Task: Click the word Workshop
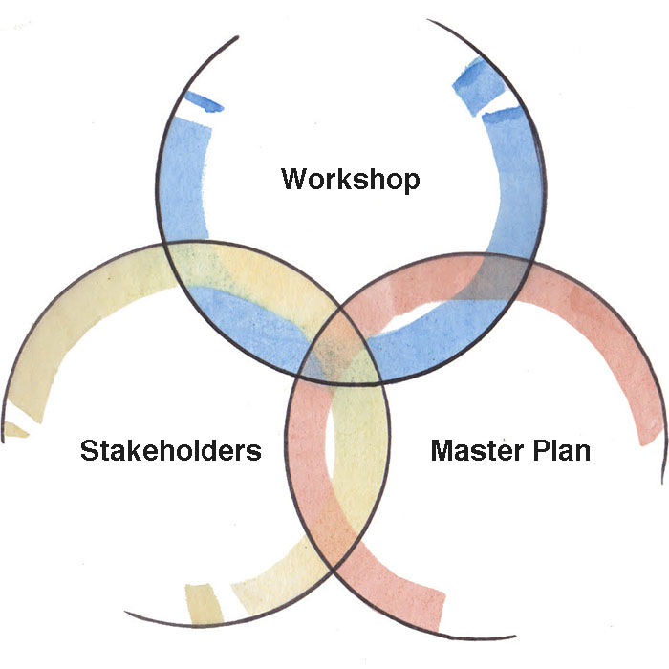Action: (x=351, y=180)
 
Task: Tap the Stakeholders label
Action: (x=171, y=450)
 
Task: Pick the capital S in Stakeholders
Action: (x=90, y=450)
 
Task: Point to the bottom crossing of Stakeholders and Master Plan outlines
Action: (x=333, y=570)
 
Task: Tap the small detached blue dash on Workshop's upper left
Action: (x=204, y=101)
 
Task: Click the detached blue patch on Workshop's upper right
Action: (x=477, y=86)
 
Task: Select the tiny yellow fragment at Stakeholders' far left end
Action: (x=16, y=430)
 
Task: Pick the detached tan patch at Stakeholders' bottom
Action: (x=204, y=604)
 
